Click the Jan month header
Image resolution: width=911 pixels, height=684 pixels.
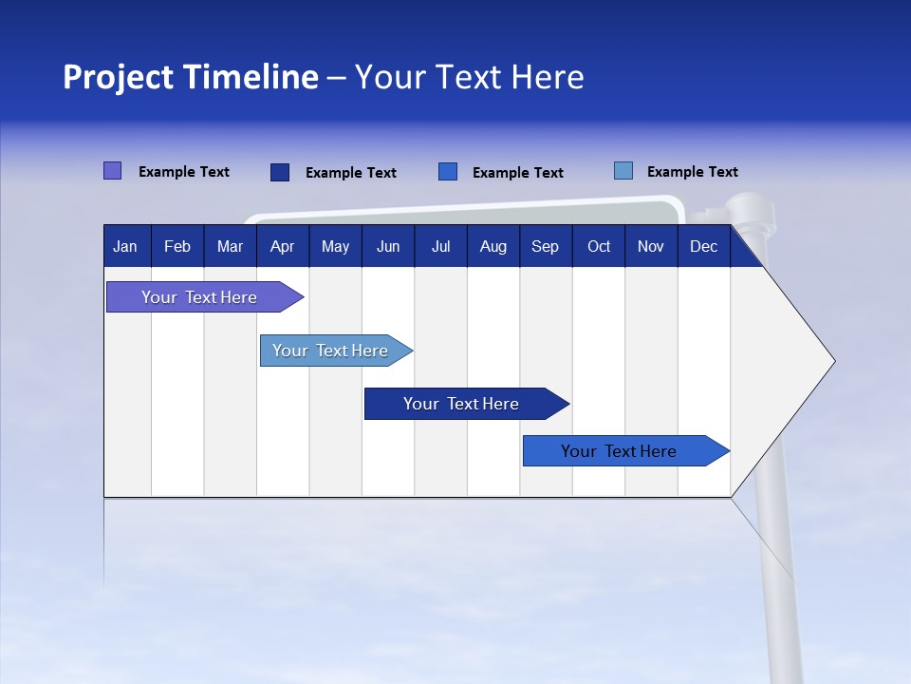125,247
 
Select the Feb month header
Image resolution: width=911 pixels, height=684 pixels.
177,247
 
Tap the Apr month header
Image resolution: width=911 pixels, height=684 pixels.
283,247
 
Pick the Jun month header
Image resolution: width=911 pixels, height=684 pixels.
388,247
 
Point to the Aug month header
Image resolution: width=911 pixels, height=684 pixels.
493,247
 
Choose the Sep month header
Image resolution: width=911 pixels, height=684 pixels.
546,247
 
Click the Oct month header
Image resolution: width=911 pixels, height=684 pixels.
599,247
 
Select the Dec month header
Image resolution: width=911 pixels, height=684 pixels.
704,247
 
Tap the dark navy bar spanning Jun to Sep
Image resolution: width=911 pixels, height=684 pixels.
462,404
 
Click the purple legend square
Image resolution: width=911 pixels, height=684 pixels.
113,171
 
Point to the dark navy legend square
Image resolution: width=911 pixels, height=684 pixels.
280,172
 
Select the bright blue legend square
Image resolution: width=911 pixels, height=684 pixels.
448,172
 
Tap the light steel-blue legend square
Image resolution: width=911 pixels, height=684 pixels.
623,171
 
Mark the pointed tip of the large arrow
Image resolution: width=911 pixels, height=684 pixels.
832,361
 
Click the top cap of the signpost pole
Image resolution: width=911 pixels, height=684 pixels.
750,204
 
